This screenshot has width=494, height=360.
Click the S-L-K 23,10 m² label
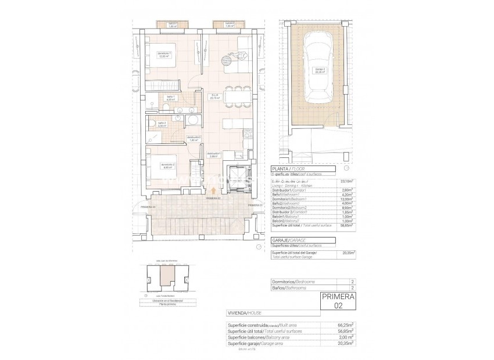214,98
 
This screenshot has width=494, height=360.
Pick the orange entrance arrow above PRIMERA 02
213,190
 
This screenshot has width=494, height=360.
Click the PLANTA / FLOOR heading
288,169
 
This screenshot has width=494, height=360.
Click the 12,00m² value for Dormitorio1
349,199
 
